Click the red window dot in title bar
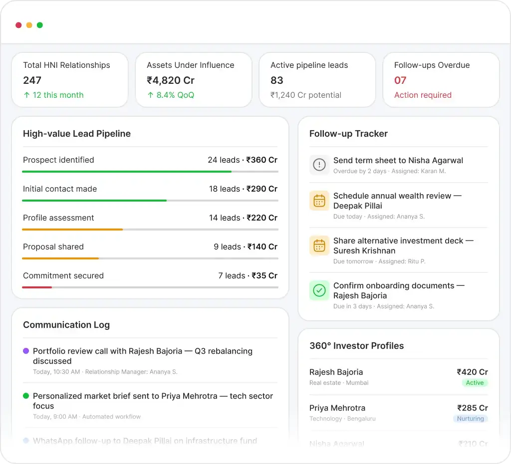click(18, 25)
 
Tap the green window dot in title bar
click(40, 25)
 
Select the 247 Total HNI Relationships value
click(32, 80)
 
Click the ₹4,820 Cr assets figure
click(171, 80)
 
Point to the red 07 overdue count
click(400, 80)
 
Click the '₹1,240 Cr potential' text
click(306, 95)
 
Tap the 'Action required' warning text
click(423, 95)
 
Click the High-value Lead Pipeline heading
click(77, 134)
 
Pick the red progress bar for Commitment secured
click(37, 287)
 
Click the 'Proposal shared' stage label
click(53, 247)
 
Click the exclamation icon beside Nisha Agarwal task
click(319, 165)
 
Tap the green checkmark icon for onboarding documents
click(319, 290)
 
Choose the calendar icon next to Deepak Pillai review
click(319, 201)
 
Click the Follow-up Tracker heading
click(348, 134)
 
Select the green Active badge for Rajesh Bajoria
click(475, 383)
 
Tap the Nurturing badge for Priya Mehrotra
click(470, 419)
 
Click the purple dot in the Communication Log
click(26, 351)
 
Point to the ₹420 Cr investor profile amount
click(472, 372)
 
